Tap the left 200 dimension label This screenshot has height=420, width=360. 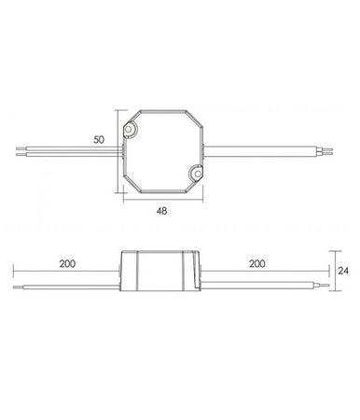pyautogui.click(x=66, y=264)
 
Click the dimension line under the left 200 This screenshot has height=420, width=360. pyautogui.click(x=66, y=273)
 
